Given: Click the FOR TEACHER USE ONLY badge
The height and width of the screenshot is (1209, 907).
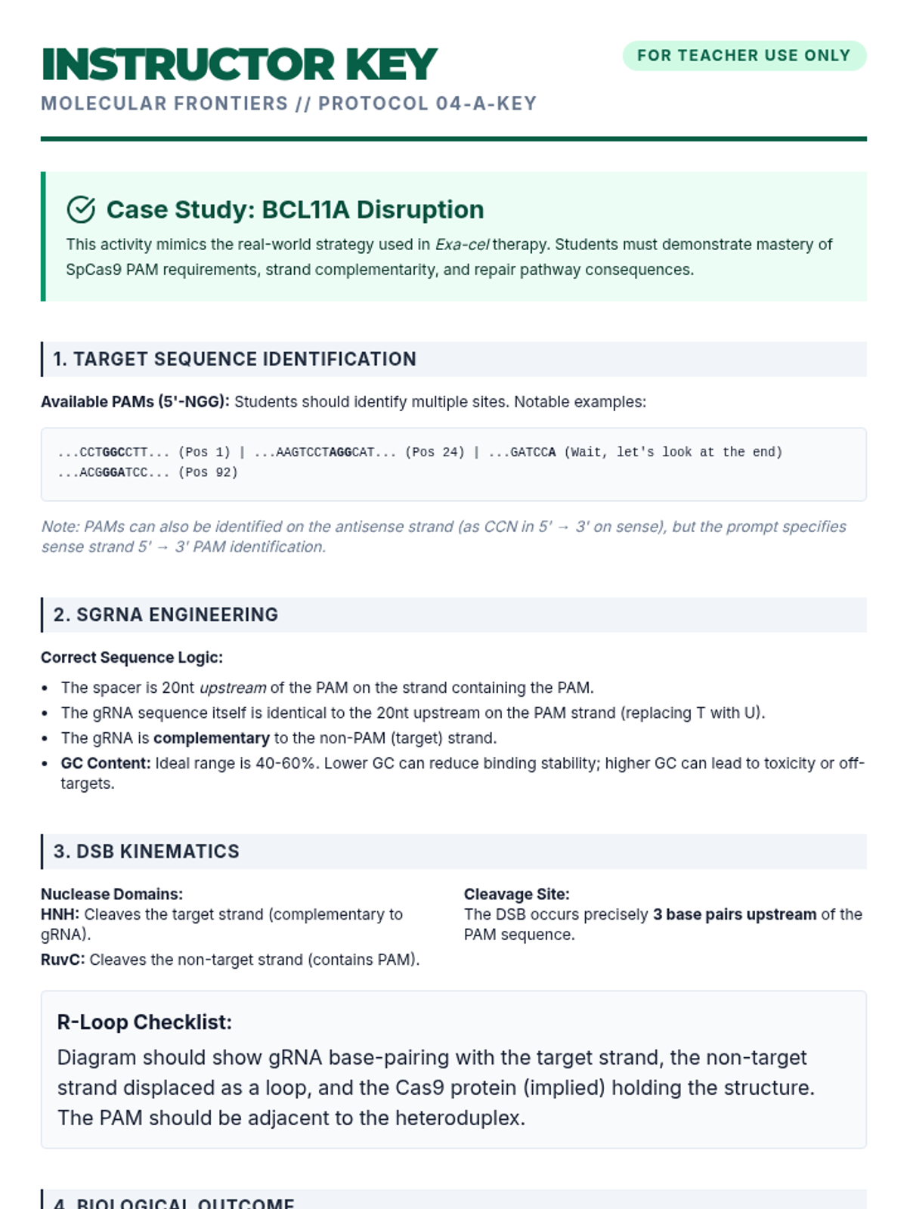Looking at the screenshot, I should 744,56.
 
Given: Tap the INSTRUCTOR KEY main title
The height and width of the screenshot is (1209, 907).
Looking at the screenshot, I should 240,64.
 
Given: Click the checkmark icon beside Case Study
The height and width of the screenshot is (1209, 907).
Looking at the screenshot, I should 81,210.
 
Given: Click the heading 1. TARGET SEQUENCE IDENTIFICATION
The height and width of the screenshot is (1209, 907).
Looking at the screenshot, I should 234,359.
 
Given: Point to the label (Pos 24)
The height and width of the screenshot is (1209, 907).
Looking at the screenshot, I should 435,453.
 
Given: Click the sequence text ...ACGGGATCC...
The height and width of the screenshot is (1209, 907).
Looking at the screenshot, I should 113,473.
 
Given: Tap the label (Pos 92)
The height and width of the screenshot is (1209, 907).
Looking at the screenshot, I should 208,473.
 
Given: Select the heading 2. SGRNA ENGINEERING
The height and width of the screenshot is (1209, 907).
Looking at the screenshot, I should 166,615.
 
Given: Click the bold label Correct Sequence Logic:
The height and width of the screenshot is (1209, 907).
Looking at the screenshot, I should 132,657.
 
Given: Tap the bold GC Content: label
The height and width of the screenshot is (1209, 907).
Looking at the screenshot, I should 106,763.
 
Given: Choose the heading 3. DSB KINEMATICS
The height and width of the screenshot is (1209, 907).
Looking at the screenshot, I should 146,852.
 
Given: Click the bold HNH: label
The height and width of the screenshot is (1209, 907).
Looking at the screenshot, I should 60,914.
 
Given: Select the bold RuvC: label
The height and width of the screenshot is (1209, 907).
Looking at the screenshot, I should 63,960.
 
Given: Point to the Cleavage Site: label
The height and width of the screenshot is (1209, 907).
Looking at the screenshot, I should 516,894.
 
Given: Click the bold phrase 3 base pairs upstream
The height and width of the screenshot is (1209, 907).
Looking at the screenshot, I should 734,914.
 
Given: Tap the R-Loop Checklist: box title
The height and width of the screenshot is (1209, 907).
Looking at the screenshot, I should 144,1022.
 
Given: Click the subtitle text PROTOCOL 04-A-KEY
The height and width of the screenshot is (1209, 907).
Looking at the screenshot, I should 427,104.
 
